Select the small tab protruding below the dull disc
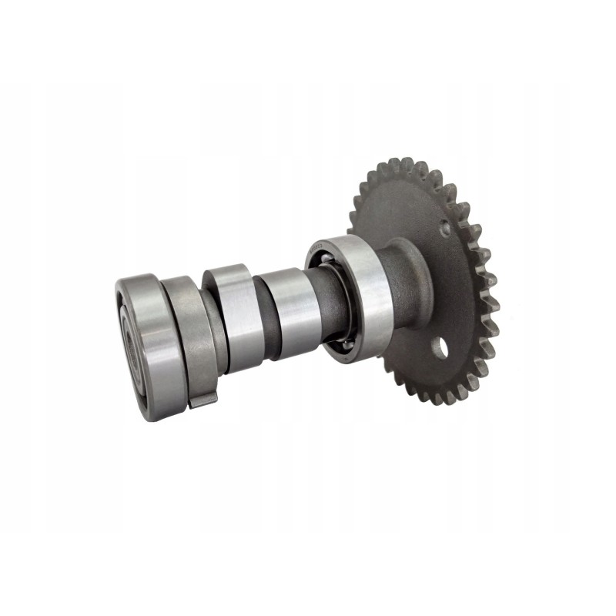tap(202, 399)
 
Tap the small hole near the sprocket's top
tap(444, 229)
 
